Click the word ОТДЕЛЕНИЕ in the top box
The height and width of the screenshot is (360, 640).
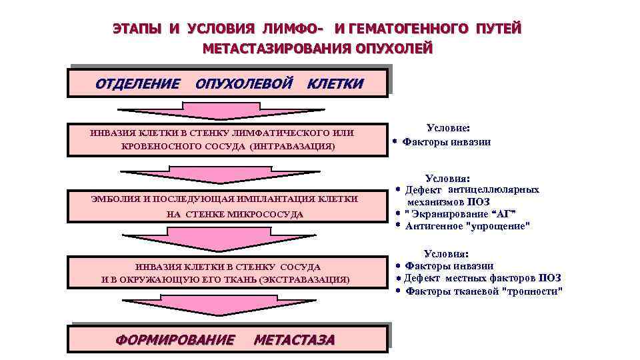pyautogui.click(x=137, y=84)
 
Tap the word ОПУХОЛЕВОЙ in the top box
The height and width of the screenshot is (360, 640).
pyautogui.click(x=244, y=84)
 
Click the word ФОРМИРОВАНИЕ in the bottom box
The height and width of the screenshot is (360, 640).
pyautogui.click(x=175, y=340)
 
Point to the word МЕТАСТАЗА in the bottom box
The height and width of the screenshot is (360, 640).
pyautogui.click(x=294, y=340)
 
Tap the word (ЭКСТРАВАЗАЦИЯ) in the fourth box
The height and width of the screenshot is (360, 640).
pyautogui.click(x=304, y=279)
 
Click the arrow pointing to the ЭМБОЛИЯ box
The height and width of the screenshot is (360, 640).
pyautogui.click(x=228, y=173)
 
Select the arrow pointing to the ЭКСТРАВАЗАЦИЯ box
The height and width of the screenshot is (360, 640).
pyautogui.click(x=228, y=239)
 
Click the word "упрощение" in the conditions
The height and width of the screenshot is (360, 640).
pyautogui.click(x=501, y=226)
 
